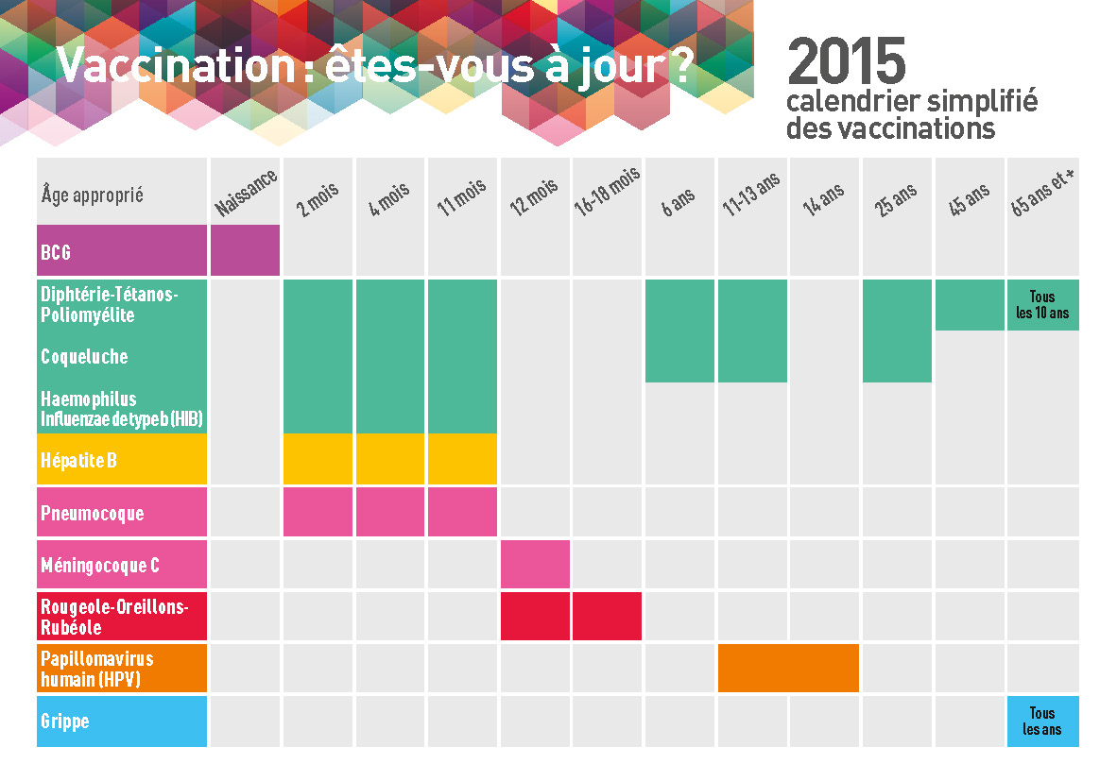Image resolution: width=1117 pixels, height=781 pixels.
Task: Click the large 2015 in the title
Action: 846,63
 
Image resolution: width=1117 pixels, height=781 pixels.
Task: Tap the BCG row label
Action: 56,253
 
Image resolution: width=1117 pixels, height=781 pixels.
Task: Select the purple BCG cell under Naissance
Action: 245,250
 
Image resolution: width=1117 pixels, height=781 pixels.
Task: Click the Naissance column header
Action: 246,194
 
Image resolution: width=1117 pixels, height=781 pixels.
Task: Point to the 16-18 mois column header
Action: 607,193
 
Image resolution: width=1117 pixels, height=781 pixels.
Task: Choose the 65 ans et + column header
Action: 1042,193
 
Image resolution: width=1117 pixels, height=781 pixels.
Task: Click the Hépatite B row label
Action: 78,461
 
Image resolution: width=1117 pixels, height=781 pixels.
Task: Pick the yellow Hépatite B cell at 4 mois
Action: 391,460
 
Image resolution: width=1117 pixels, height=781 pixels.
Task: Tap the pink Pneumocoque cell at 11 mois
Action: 462,513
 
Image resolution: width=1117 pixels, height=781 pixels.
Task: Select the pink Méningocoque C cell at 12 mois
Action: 535,565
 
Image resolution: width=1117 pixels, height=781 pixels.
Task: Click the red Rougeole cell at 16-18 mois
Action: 607,617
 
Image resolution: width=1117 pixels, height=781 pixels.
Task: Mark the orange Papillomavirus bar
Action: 788,668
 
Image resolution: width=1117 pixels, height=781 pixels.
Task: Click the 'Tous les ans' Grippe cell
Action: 1042,722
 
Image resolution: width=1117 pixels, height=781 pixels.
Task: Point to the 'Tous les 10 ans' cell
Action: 1042,305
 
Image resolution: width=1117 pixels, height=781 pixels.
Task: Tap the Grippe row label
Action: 65,722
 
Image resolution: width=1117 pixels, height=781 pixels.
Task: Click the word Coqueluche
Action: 84,357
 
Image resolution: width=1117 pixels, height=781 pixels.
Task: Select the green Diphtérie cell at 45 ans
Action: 970,305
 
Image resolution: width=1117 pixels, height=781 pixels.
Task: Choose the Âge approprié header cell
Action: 93,195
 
